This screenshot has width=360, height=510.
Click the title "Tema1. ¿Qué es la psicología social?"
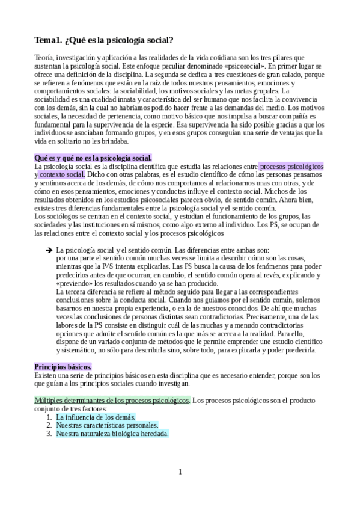[104, 40]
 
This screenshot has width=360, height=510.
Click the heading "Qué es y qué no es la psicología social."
[93, 157]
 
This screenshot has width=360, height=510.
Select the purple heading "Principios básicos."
[63, 366]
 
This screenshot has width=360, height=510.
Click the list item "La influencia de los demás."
[96, 416]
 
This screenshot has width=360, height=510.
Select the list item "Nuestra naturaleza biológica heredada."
[112, 433]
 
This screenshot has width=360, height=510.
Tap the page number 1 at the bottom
[180, 472]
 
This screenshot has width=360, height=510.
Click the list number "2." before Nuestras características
[49, 425]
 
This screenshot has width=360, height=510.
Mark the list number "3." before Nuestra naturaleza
[49, 433]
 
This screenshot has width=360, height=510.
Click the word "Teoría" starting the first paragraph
[46, 57]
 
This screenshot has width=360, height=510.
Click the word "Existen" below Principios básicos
[46, 375]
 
